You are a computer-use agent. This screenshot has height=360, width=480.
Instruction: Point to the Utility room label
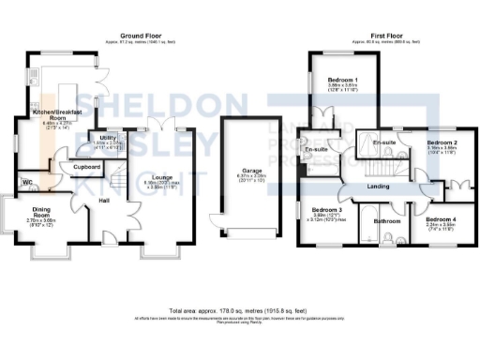pos(108,138)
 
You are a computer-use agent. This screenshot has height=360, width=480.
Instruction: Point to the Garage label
pos(240,171)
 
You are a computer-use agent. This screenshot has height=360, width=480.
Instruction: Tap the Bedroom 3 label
pos(326,210)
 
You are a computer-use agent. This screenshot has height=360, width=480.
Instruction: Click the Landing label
pos(379,187)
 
